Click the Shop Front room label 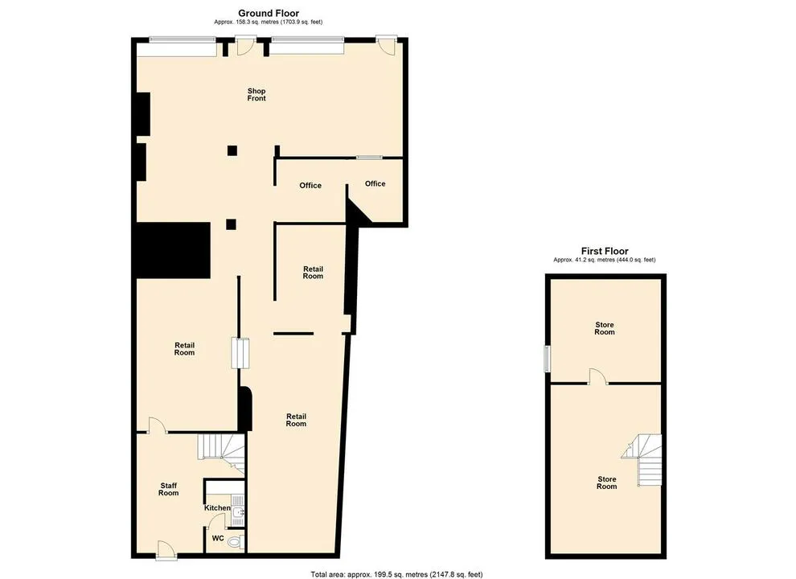pyautogui.click(x=256, y=94)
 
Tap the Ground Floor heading pyautogui.click(x=269, y=13)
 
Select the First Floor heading pyautogui.click(x=605, y=251)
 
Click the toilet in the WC pyautogui.click(x=235, y=543)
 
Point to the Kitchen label pyautogui.click(x=217, y=508)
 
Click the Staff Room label pyautogui.click(x=169, y=489)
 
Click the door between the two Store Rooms pyautogui.click(x=598, y=376)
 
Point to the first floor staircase pyautogui.click(x=644, y=460)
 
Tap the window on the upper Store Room pyautogui.click(x=547, y=359)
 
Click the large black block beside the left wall pyautogui.click(x=173, y=250)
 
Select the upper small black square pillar pyautogui.click(x=232, y=150)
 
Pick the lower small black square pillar pyautogui.click(x=232, y=224)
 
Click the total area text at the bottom pyautogui.click(x=396, y=574)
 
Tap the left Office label pyautogui.click(x=310, y=186)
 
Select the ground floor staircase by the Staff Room pyautogui.click(x=221, y=454)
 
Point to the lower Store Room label pyautogui.click(x=606, y=482)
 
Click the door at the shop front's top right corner pyautogui.click(x=386, y=45)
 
